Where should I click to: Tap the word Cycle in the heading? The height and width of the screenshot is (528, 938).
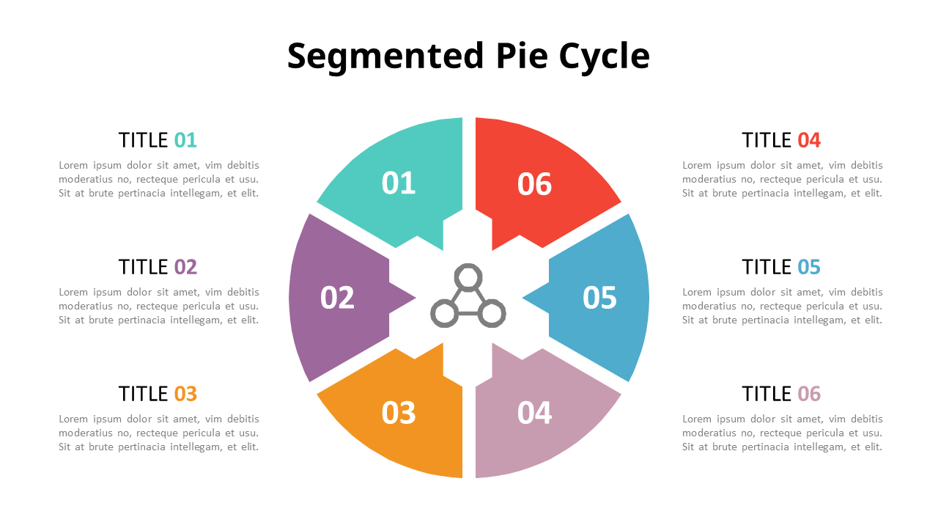pos(604,56)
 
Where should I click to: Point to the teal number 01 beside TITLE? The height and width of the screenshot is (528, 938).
pos(185,140)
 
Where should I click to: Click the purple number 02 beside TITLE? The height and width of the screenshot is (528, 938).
pos(185,267)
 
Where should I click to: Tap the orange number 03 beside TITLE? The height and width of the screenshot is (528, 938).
pos(185,394)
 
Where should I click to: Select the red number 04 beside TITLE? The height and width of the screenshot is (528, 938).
pos(809,140)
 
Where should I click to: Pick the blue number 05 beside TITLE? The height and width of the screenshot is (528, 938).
pos(809,267)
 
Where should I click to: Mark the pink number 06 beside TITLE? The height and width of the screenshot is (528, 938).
pos(809,394)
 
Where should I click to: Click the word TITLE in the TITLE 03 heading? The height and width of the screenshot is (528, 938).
pos(144,394)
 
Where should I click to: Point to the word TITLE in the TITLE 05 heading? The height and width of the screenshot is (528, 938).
pos(767,267)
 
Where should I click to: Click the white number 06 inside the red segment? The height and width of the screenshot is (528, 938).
pos(534,184)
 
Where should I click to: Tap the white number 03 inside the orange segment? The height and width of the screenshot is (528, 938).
pos(399,413)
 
